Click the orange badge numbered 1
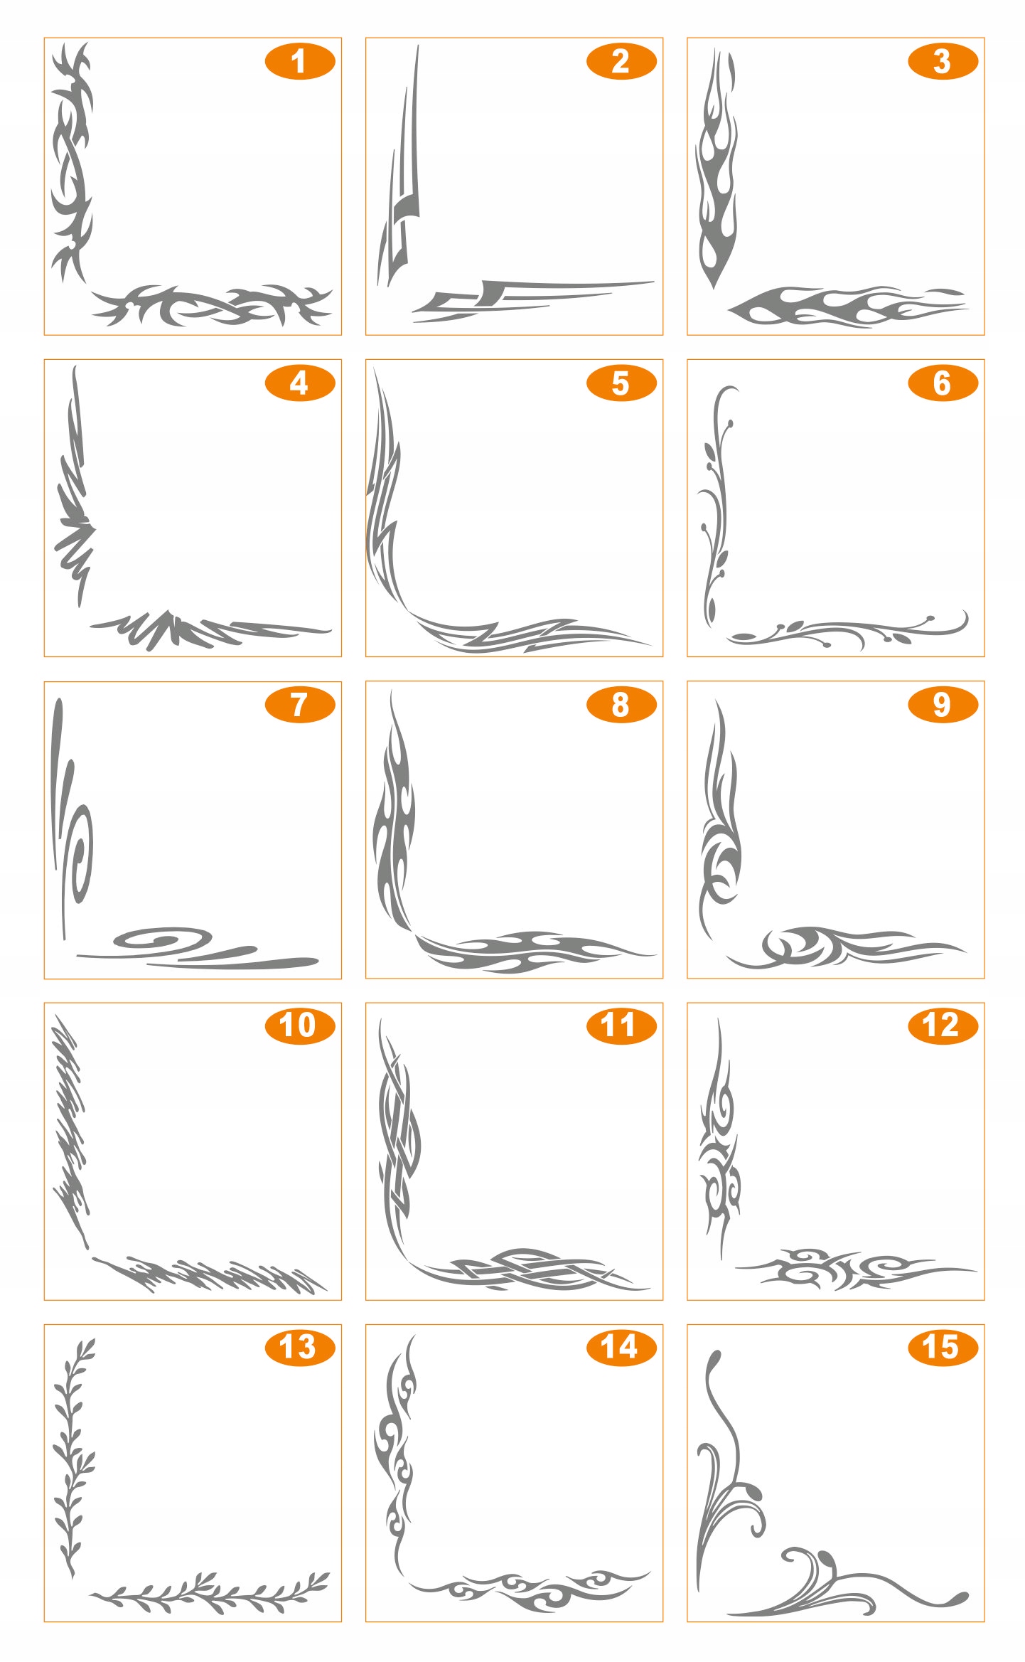coord(300,61)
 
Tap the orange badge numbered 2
coord(621,61)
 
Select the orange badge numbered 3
coord(943,61)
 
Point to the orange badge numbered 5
coord(621,383)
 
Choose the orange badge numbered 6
coord(943,383)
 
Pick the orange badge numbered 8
coord(621,705)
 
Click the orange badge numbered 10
coord(300,1026)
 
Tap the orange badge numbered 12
coord(943,1026)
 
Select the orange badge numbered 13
coord(300,1347)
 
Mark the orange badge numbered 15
coord(943,1347)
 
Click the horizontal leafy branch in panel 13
coord(210,1593)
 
